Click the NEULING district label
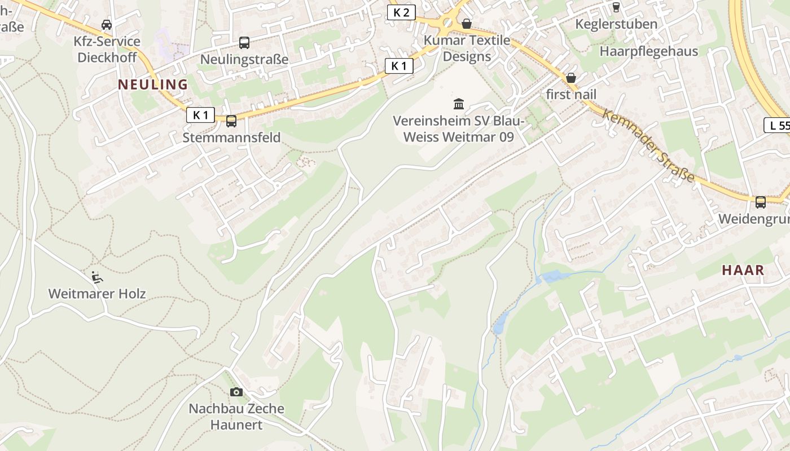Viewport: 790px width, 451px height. (x=152, y=85)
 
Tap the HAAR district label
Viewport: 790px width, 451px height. (x=743, y=270)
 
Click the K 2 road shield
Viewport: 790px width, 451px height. (x=401, y=12)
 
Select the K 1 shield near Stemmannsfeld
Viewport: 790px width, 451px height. (x=200, y=115)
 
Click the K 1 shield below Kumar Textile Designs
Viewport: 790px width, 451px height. (x=399, y=66)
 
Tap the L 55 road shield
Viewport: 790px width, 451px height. (x=778, y=125)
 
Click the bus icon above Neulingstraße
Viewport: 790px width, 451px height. (x=244, y=42)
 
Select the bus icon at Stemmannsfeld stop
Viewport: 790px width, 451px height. (x=231, y=121)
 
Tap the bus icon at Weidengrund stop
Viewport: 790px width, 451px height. (x=761, y=202)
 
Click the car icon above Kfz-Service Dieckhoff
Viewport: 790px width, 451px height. (x=107, y=24)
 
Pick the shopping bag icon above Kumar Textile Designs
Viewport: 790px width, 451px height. (x=467, y=24)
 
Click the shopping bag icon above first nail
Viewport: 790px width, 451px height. (x=571, y=78)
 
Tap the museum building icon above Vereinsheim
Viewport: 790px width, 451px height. (x=459, y=104)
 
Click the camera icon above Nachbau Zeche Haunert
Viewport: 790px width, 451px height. (x=236, y=392)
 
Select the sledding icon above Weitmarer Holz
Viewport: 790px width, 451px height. (x=97, y=276)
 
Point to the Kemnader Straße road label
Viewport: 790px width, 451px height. (x=648, y=145)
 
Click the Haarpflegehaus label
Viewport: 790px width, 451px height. (x=648, y=51)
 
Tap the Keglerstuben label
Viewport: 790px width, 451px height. (x=616, y=24)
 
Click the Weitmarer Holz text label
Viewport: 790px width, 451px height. (x=97, y=294)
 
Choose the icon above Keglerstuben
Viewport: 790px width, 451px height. (x=616, y=7)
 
